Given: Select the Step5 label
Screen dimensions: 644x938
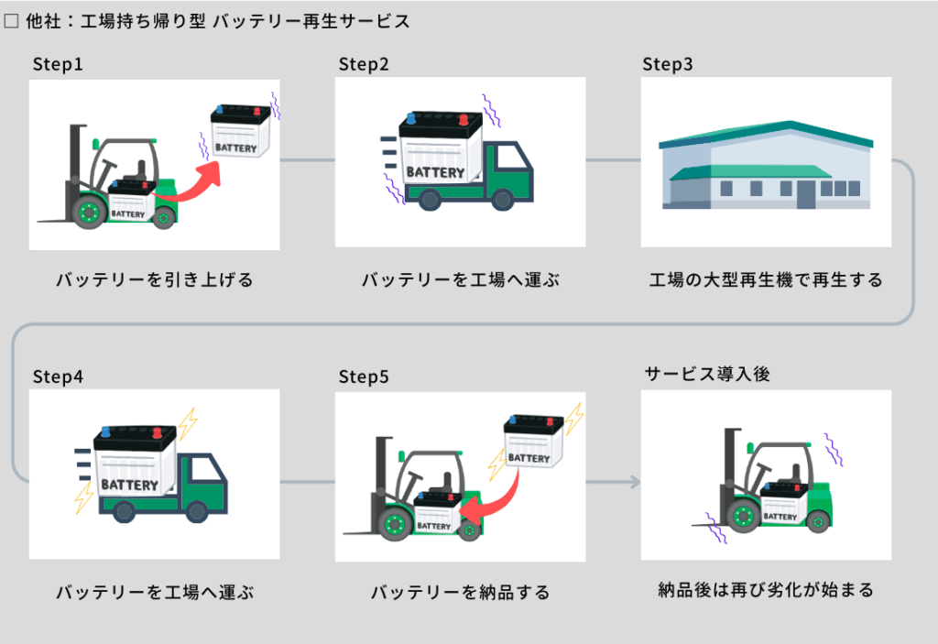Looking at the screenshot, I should pyautogui.click(x=364, y=377).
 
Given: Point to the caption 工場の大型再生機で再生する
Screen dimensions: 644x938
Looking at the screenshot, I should pyautogui.click(x=766, y=280).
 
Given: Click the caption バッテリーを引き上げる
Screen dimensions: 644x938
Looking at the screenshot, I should pyautogui.click(x=154, y=280).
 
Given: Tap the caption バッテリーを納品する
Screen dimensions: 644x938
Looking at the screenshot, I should pyautogui.click(x=460, y=593).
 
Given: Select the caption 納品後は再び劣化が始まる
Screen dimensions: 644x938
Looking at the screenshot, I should pyautogui.click(x=766, y=590).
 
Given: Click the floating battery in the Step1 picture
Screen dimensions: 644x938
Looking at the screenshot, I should pyautogui.click(x=241, y=129).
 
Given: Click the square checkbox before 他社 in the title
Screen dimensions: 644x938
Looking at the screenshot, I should pyautogui.click(x=11, y=20).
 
